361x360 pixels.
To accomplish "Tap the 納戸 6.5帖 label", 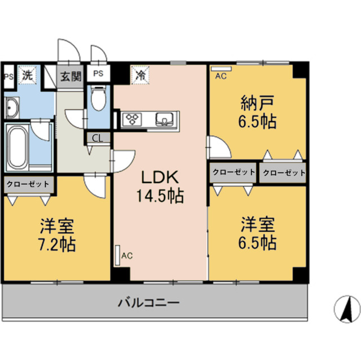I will tap(258, 112).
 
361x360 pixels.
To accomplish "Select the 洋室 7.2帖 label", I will tap(57, 235).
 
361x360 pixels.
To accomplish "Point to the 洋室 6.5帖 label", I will tap(258, 234).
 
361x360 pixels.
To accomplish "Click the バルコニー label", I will tap(148, 303).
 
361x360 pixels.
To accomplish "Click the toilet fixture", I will tap(98, 99).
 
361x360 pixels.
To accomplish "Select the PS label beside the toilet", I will tap(98, 73).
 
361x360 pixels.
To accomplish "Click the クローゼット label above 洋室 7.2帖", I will tap(28, 183).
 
